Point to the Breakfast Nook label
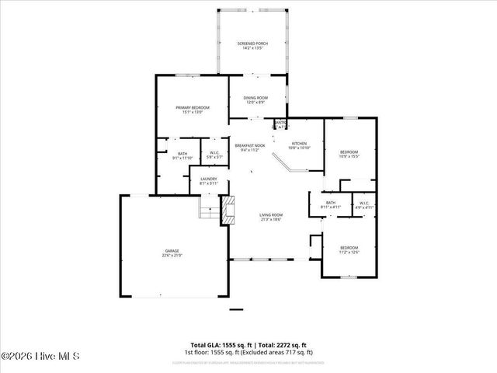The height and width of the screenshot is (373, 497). click(x=250, y=147)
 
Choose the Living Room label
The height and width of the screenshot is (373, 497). click(x=270, y=217)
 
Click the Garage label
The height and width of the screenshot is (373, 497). click(x=172, y=253)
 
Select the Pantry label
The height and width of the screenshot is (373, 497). click(x=280, y=124)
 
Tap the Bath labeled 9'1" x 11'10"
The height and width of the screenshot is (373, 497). click(x=182, y=155)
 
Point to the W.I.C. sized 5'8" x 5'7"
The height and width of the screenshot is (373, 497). click(x=214, y=155)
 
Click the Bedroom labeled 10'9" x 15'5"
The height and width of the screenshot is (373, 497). click(x=349, y=154)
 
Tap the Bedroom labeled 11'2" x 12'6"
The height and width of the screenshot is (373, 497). click(x=349, y=250)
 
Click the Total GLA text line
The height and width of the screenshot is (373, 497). click(x=248, y=344)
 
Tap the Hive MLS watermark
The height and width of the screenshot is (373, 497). click(x=40, y=357)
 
